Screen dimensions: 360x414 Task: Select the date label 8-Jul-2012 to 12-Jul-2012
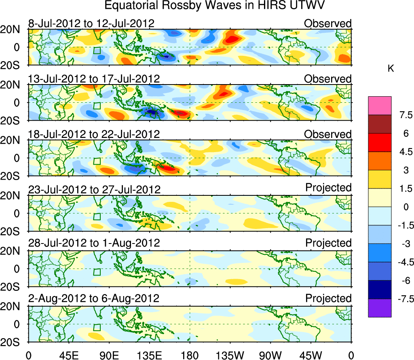coord(91,23)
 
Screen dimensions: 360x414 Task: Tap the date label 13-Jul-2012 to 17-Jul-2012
coord(94,78)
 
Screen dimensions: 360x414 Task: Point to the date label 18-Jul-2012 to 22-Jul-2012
coord(94,134)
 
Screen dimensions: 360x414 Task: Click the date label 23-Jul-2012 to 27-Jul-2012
coord(94,189)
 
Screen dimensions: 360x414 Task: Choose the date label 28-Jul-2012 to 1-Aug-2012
coord(94,243)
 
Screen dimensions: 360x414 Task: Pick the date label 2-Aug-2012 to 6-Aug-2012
coord(94,299)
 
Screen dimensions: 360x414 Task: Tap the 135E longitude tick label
coord(150,355)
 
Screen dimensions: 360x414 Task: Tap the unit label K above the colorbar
coord(391,69)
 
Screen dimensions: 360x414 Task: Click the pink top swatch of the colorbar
coord(380,106)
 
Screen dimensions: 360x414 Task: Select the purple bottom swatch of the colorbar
coord(380,308)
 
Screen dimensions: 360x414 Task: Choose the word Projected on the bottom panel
coord(328,299)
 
